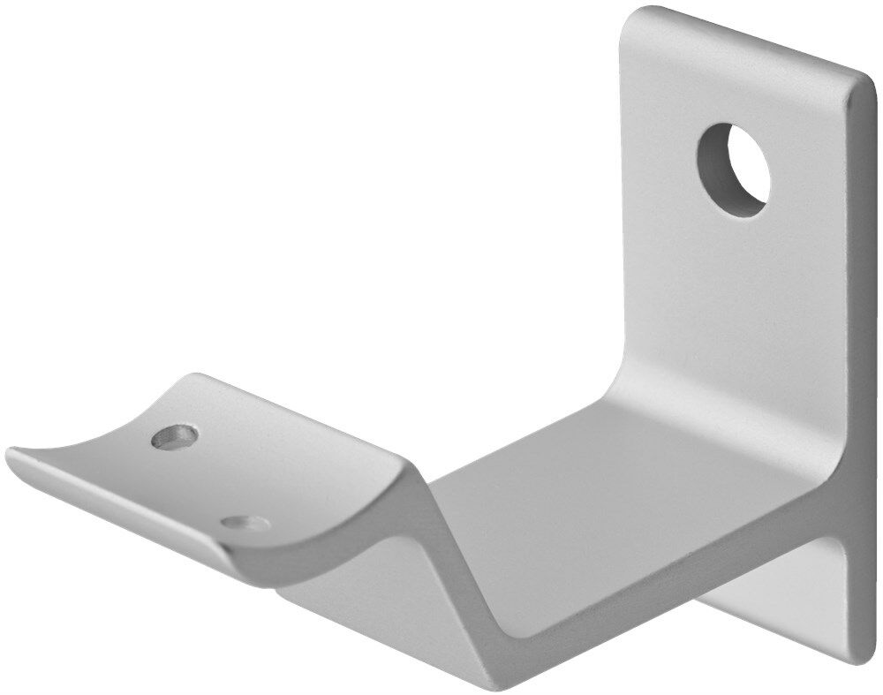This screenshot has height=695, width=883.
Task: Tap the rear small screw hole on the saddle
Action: (x=174, y=435)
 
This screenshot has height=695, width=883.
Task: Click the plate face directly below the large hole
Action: (x=733, y=283)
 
